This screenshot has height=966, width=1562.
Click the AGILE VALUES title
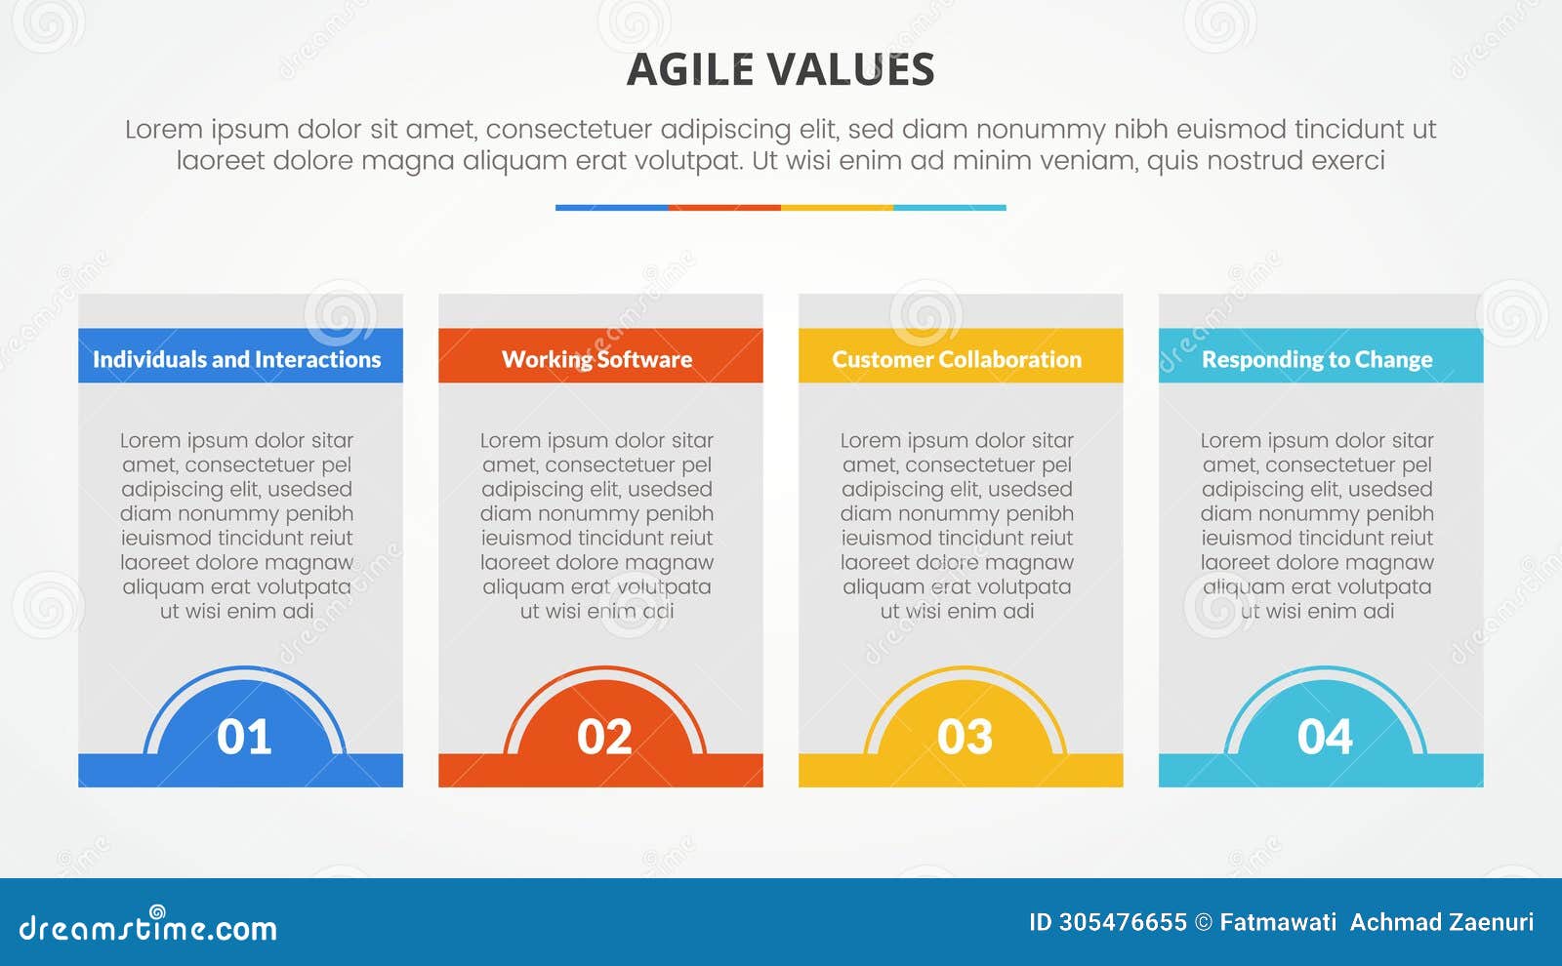click(780, 69)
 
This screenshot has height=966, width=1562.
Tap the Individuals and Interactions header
click(237, 359)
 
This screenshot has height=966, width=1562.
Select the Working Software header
click(596, 359)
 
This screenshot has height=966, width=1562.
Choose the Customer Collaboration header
click(957, 359)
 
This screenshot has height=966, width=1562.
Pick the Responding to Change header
click(1317, 359)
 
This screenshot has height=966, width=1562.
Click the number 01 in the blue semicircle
click(243, 736)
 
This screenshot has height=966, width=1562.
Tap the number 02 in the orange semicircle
click(604, 736)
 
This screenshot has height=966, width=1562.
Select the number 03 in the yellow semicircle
click(965, 736)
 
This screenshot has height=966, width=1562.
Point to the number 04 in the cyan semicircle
click(1324, 736)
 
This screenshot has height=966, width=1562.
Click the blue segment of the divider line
click(611, 208)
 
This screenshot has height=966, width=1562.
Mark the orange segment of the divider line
click(724, 208)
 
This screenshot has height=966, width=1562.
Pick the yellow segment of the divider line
click(837, 208)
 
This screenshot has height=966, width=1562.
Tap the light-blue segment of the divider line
click(950, 208)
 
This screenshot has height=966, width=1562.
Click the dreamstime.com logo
click(147, 925)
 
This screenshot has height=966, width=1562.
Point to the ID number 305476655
click(1123, 922)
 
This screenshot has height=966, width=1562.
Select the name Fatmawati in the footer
click(1278, 922)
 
